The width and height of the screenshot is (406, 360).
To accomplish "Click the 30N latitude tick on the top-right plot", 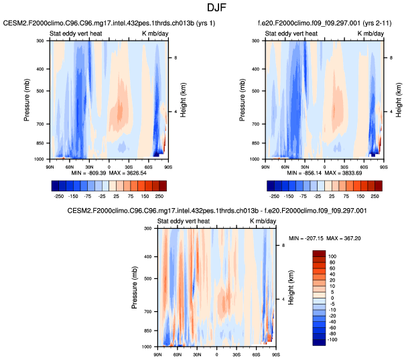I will (305, 164).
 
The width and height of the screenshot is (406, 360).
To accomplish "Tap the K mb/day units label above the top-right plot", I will (370, 33).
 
